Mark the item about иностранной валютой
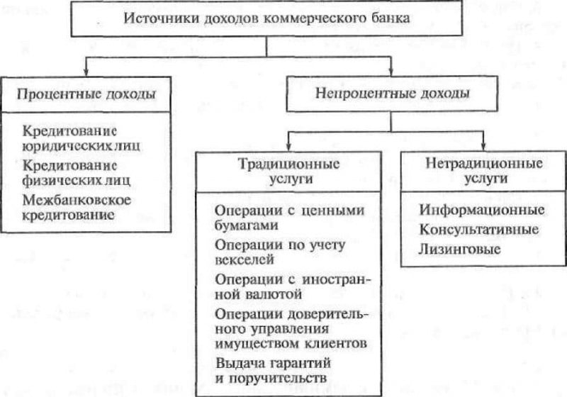[287, 284]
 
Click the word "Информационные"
[481, 211]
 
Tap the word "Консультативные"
[478, 230]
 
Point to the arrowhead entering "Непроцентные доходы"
[391, 71]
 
